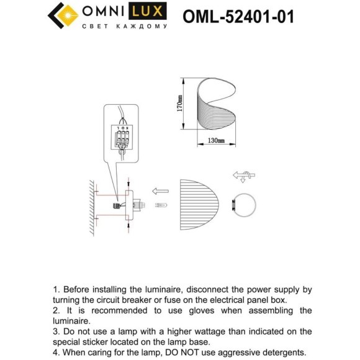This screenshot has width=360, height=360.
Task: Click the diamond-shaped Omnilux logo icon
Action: point(61,16)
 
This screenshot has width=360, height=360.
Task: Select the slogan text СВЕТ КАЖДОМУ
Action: point(125,26)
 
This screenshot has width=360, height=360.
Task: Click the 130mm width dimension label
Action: point(217,142)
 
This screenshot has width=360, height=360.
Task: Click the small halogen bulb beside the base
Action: point(160,205)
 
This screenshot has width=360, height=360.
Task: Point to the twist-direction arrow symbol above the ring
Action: point(243,177)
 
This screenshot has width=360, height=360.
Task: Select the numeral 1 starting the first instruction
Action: point(55,290)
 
